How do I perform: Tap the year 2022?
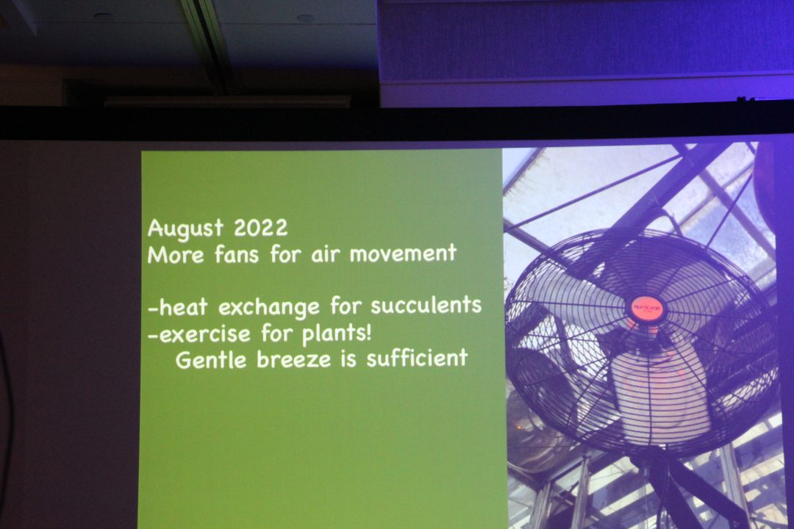(260, 228)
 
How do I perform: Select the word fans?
(237, 253)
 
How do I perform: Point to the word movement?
(403, 253)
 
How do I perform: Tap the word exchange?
(269, 307)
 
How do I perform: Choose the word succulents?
(426, 305)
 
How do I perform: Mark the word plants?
(336, 334)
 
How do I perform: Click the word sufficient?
(417, 358)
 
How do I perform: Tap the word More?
(176, 254)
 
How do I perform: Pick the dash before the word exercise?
(154, 336)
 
